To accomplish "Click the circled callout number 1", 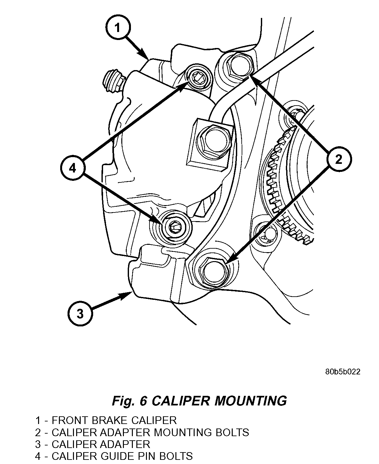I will click(117, 28).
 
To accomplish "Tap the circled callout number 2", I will click(339, 159).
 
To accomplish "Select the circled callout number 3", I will click(80, 314).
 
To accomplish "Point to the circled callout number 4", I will click(73, 168).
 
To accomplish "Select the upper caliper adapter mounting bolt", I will click(239, 66).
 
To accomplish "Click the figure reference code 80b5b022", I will click(343, 372).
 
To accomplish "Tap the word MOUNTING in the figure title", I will click(250, 400).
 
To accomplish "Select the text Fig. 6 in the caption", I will click(129, 400).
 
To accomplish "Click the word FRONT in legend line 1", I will click(69, 420).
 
